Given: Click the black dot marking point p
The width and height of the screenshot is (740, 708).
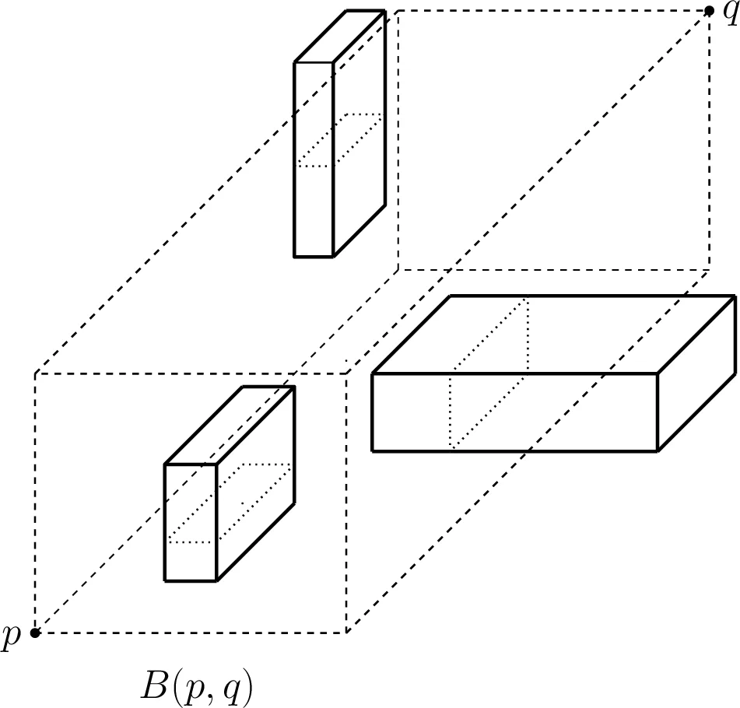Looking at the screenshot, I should point(35,633).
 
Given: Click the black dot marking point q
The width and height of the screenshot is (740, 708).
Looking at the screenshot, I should point(709,11).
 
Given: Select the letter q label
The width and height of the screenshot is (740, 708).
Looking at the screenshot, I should point(730,12).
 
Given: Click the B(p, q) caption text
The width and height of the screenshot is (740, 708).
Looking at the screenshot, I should point(198,685).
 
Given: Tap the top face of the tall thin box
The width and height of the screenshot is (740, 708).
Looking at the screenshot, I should point(339,37).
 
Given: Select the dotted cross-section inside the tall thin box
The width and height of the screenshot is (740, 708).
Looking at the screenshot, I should point(340,140).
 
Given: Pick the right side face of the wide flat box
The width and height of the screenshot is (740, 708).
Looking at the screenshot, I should point(696,373).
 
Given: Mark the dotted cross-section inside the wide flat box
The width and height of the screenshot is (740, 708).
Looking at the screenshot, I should point(489,373).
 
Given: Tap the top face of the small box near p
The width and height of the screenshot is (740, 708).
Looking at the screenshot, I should point(230,425).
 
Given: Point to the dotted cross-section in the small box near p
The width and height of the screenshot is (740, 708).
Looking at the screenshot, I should point(230,503).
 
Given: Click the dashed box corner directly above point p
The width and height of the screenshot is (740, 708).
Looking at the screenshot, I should point(35,373).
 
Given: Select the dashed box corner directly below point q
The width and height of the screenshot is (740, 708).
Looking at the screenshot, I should point(709,269).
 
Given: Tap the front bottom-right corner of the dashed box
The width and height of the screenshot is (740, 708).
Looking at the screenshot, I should point(346,633).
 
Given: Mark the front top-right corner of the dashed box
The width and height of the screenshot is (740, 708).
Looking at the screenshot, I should point(346,373).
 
